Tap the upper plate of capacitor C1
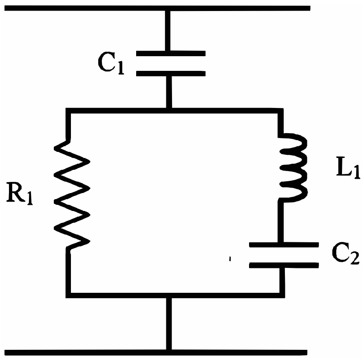(x=170, y=53)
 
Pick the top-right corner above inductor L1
(x=280, y=111)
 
